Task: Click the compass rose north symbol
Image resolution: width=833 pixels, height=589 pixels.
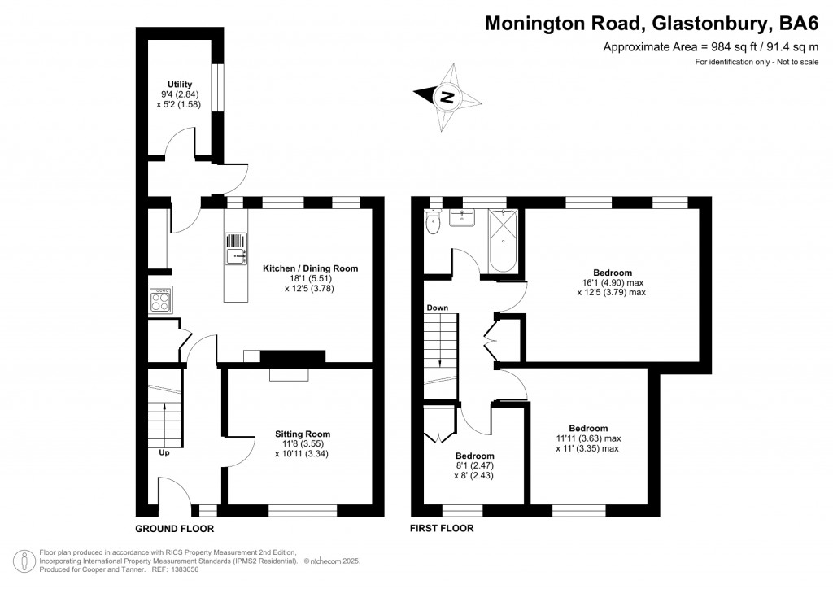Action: pos(447,97)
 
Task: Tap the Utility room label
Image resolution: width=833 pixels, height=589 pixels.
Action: pos(179,84)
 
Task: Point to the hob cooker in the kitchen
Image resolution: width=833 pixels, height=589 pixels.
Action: pos(159,301)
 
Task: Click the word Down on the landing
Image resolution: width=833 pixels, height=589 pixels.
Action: pos(437,308)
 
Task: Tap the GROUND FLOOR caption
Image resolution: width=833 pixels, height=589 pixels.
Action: pos(174,528)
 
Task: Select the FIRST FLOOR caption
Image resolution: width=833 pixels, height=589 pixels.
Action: pos(442,528)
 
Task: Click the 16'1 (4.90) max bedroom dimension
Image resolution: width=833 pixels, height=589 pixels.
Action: pos(612,282)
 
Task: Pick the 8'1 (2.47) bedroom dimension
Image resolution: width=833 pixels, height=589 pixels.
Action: pos(474,465)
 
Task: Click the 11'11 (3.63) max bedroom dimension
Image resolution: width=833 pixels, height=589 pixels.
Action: pos(587,438)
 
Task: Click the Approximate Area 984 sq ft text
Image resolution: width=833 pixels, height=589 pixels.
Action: pos(709,47)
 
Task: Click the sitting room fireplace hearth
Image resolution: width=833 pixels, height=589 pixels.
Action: pos(290,374)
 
